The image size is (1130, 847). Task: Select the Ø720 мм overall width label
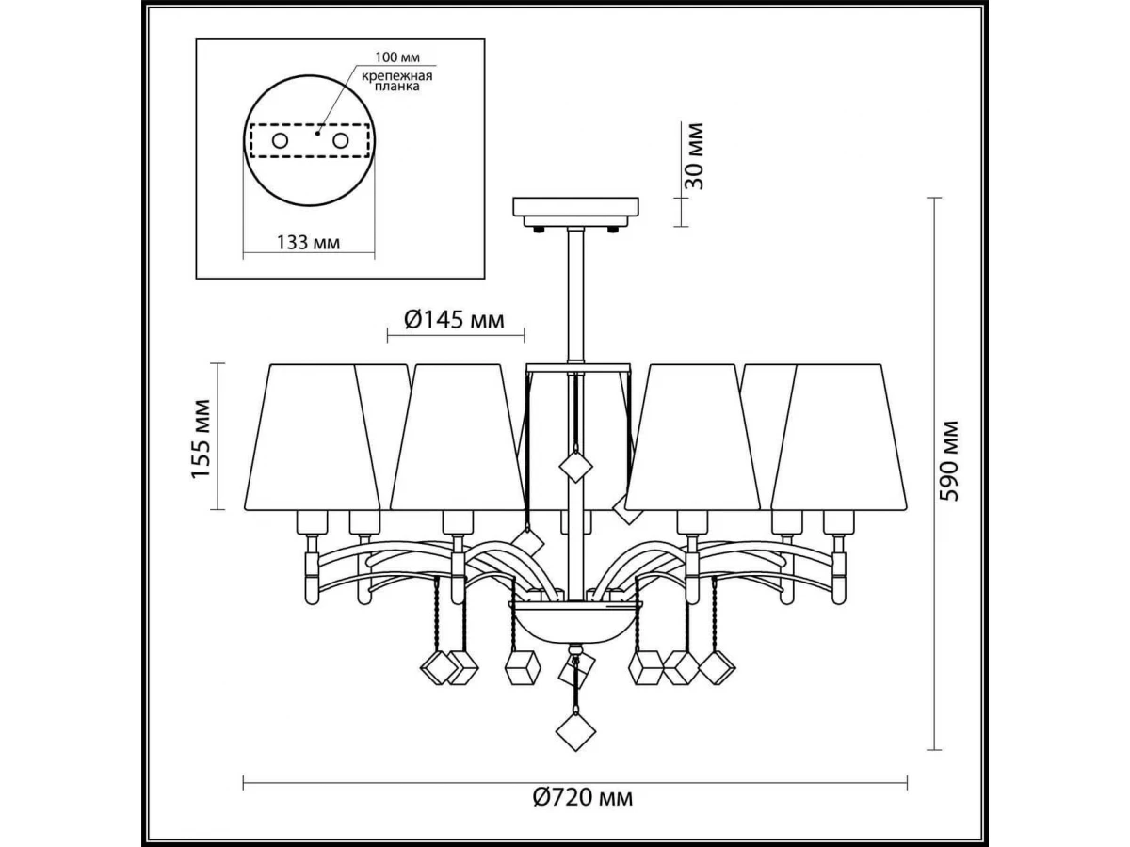[x=582, y=812]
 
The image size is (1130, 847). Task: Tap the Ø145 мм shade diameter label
[x=454, y=320]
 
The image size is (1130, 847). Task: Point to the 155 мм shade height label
[x=202, y=439]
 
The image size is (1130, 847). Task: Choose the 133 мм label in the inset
[x=308, y=242]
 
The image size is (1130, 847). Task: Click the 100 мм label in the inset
[x=397, y=56]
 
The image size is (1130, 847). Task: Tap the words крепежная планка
[x=396, y=81]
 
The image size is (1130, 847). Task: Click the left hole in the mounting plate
[x=280, y=140]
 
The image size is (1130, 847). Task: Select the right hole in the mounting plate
[x=340, y=140]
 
